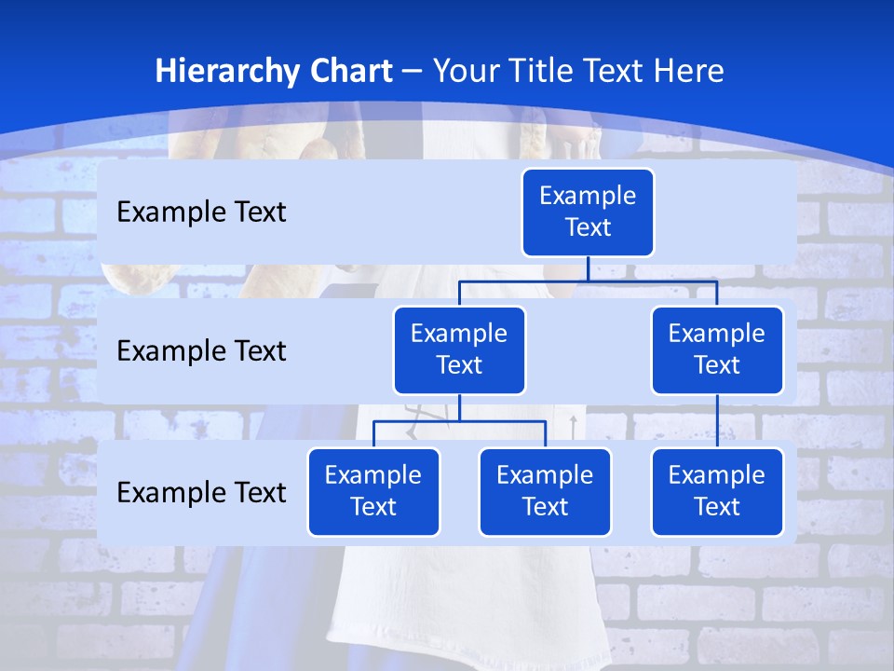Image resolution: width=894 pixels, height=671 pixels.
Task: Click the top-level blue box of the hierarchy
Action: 588,212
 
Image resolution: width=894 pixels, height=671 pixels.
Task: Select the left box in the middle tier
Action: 459,349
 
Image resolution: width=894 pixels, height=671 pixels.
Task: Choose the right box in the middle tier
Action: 717,349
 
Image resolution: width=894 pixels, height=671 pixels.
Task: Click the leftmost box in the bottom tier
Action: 373,491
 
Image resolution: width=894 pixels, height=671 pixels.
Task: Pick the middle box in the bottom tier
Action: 545,491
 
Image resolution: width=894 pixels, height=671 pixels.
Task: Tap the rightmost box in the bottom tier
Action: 717,491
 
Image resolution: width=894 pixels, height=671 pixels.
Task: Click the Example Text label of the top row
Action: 201,212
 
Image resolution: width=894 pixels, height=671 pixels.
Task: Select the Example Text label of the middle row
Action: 201,351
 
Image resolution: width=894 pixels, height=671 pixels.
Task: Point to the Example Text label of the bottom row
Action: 201,492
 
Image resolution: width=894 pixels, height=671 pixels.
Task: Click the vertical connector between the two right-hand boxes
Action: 717,421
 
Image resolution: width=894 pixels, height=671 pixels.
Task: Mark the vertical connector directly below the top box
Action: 588,268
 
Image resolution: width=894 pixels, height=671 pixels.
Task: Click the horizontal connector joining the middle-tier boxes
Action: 588,281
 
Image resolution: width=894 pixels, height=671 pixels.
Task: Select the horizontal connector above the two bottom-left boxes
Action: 459,421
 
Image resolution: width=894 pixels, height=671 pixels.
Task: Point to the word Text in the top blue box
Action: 588,227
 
